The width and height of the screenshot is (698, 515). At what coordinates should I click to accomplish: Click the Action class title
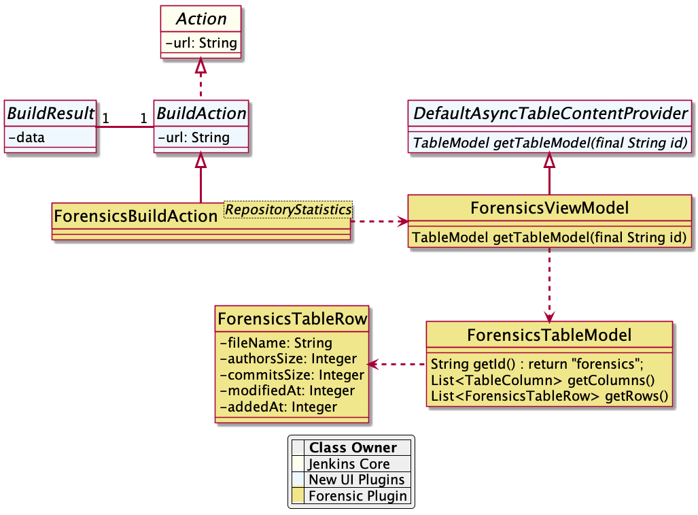(200, 19)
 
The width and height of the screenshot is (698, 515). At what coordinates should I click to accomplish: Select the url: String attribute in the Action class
(200, 43)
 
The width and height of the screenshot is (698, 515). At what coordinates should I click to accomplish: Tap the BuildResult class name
(50, 114)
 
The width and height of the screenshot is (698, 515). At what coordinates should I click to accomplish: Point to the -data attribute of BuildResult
(27, 137)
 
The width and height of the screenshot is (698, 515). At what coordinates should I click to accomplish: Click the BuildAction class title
(201, 114)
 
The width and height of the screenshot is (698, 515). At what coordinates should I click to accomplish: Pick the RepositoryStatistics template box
(288, 210)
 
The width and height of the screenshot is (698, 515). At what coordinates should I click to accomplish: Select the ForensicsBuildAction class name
(136, 216)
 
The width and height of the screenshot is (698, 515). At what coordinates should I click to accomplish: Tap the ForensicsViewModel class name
(549, 207)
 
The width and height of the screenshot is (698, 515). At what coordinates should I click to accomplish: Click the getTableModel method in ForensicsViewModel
(549, 238)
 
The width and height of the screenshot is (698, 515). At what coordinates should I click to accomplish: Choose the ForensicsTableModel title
(549, 335)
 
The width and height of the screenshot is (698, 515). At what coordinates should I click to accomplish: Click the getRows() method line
(550, 396)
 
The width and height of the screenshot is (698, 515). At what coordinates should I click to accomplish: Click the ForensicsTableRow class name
(292, 318)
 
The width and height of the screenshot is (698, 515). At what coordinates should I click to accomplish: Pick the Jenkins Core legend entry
(349, 464)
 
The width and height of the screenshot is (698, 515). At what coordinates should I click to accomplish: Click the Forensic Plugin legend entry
(357, 496)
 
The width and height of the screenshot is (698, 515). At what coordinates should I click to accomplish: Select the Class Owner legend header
(353, 448)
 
